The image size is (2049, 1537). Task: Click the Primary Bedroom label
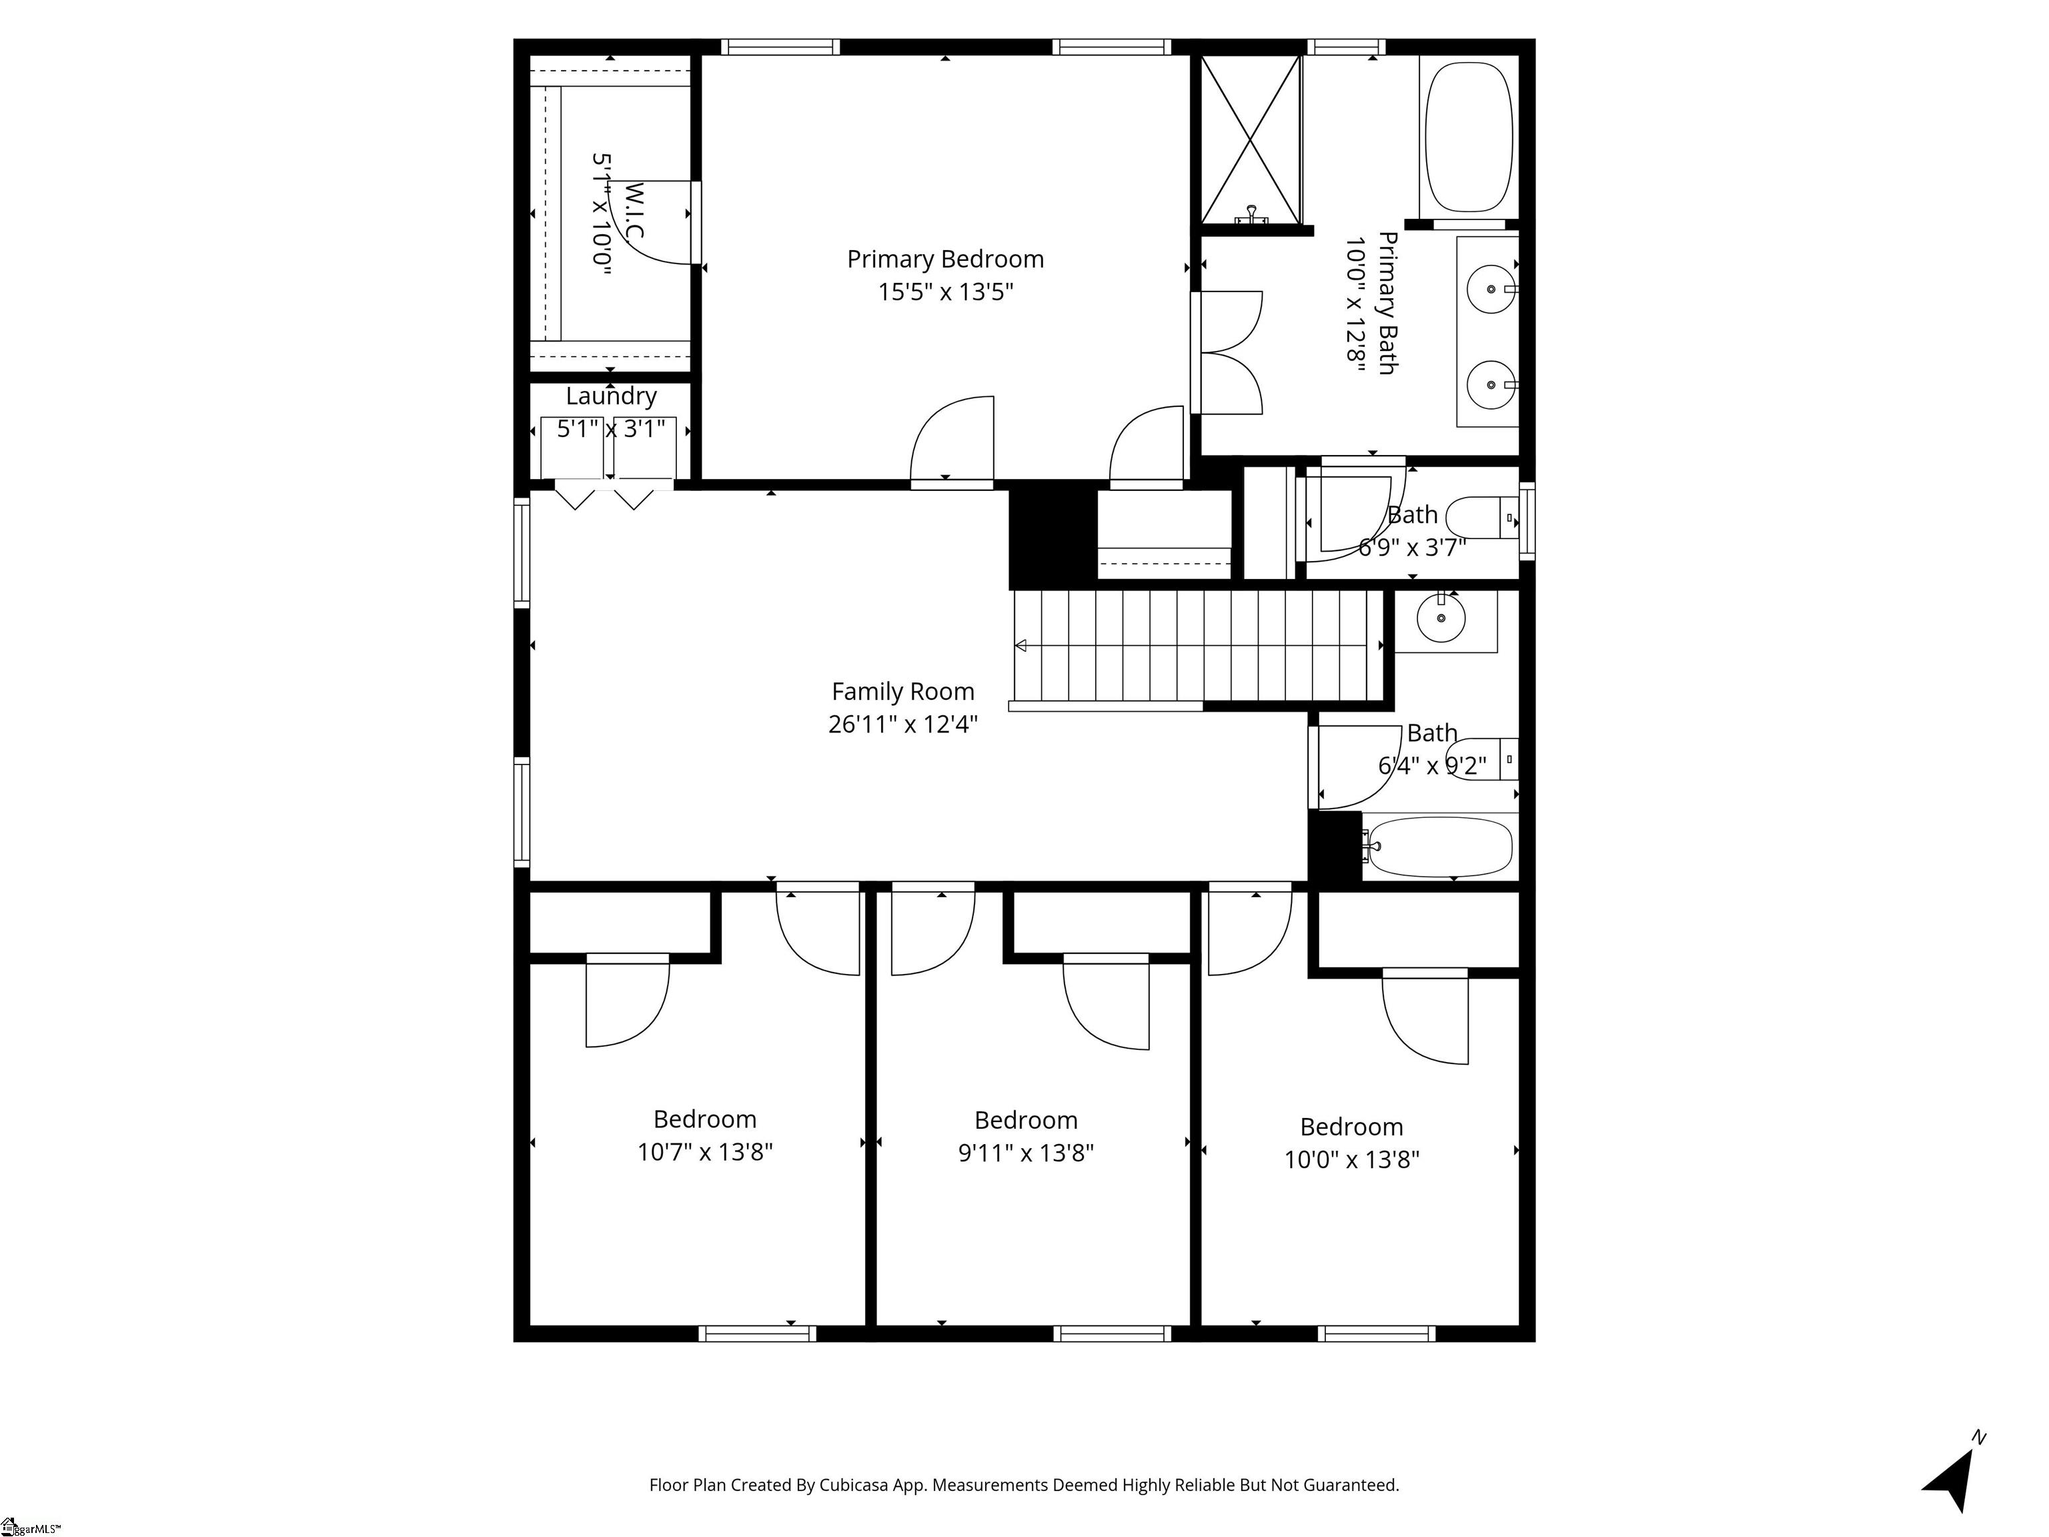coord(945,260)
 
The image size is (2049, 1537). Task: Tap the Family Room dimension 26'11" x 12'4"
coord(902,724)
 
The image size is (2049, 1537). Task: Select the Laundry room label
coord(612,396)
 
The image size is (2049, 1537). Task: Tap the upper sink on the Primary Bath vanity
coord(1491,289)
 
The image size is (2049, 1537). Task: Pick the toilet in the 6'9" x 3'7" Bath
coord(1482,518)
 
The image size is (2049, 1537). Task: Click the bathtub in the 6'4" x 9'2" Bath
coord(1439,847)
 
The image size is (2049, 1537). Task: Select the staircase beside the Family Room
coord(1195,646)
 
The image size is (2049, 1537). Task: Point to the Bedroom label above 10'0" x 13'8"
coord(1351,1127)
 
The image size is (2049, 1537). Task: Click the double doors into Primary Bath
coord(1227,352)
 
